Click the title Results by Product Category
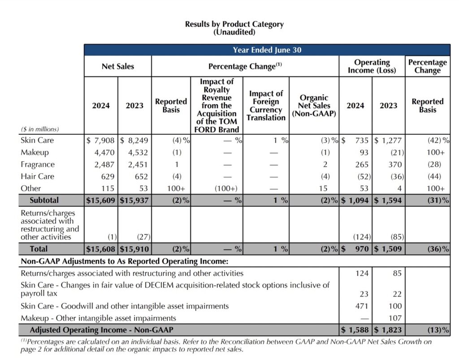(234, 24)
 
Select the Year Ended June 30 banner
(267, 50)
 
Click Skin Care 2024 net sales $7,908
(100, 140)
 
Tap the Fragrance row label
(38, 164)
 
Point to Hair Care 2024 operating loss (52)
(359, 176)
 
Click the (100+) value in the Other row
(222, 189)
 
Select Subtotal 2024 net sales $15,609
(101, 200)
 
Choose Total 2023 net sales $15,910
(134, 249)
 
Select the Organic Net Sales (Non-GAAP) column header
(314, 106)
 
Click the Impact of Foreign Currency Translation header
(266, 106)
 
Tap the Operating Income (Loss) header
(372, 66)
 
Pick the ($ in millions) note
(40, 129)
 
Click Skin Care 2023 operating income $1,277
(389, 140)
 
